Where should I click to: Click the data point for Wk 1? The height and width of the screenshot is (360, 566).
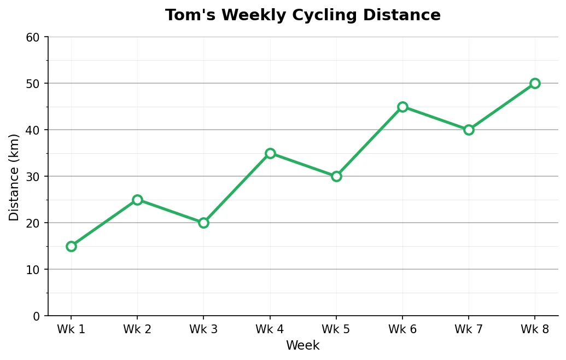(71, 246)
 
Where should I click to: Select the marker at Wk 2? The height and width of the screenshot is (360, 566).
(137, 200)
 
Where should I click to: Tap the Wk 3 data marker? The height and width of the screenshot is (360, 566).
(203, 223)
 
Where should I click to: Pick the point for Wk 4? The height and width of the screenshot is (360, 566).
(270, 153)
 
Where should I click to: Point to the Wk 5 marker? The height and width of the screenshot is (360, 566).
(336, 176)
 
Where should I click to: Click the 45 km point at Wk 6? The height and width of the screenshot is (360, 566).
(402, 107)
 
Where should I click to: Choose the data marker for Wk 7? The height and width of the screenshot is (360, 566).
(469, 130)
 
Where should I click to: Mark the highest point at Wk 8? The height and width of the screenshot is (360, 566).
(535, 83)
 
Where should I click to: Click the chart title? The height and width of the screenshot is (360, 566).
(302, 15)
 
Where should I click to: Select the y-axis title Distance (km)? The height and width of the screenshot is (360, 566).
(14, 177)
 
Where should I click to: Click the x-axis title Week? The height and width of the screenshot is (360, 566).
(302, 346)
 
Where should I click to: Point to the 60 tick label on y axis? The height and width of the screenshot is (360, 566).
(33, 37)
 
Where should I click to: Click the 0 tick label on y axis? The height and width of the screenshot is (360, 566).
(37, 316)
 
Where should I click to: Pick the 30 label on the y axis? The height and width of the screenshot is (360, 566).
(33, 177)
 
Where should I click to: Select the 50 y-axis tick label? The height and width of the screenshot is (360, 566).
(33, 84)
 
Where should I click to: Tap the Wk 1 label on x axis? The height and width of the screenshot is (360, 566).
(71, 329)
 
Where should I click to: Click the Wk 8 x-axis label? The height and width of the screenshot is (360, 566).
(535, 329)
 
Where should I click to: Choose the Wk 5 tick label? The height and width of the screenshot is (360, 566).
(336, 329)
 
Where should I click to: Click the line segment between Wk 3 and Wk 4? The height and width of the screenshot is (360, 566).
(237, 188)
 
